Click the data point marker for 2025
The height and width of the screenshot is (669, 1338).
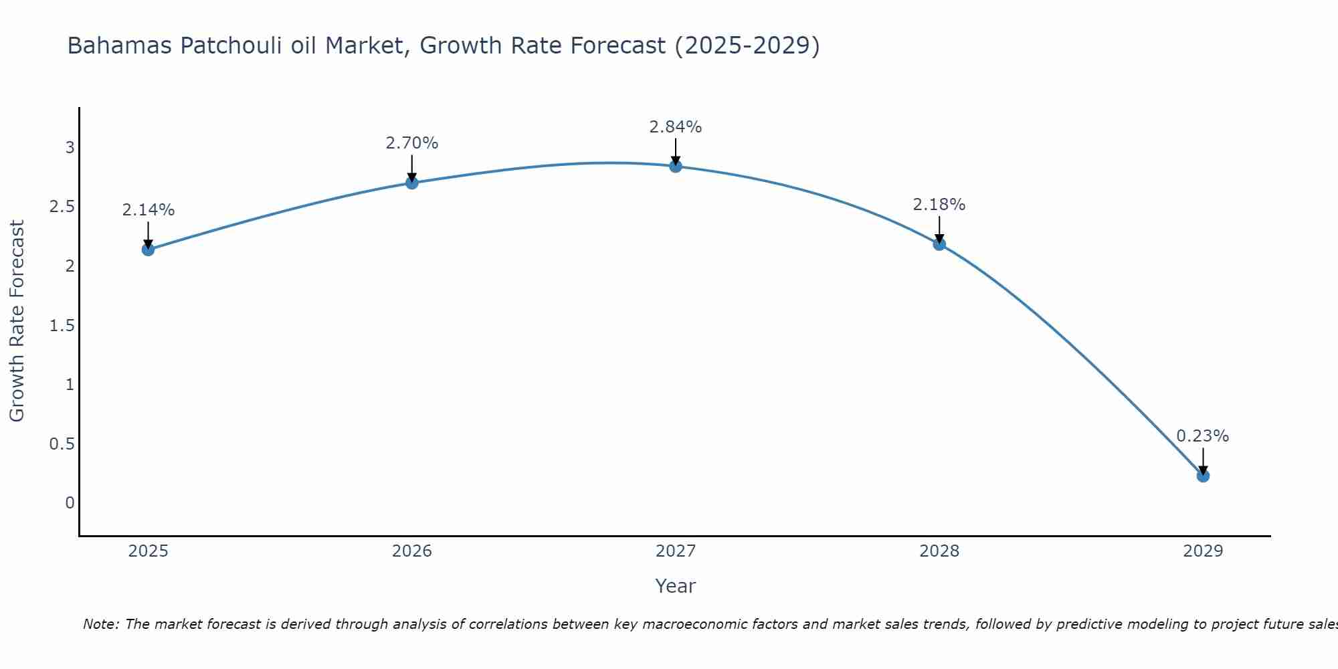point(148,250)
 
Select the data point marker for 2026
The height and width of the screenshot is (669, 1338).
point(412,183)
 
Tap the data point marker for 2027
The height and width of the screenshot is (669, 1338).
point(676,166)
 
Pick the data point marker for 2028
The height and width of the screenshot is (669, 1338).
point(939,244)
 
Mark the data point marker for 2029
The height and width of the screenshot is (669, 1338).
point(1203,476)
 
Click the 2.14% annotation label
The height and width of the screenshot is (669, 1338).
point(148,210)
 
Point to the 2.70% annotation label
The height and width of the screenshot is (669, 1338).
point(412,143)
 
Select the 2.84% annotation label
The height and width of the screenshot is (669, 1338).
point(676,127)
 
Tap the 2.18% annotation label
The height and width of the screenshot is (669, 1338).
point(939,205)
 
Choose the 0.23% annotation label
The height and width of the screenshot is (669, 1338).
point(1203,436)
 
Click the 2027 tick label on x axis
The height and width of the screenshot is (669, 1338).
point(676,551)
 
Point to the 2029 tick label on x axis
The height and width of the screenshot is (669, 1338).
point(1203,551)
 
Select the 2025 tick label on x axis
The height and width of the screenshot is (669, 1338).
point(148,551)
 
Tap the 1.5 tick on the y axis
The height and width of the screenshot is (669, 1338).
point(62,326)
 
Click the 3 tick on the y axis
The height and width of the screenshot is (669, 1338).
point(70,148)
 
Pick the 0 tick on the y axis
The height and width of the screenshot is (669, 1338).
point(70,503)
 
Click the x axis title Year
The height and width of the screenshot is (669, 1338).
point(676,586)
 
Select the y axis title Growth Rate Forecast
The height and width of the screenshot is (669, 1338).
point(17,321)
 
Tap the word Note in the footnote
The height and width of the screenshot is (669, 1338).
point(100,624)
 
